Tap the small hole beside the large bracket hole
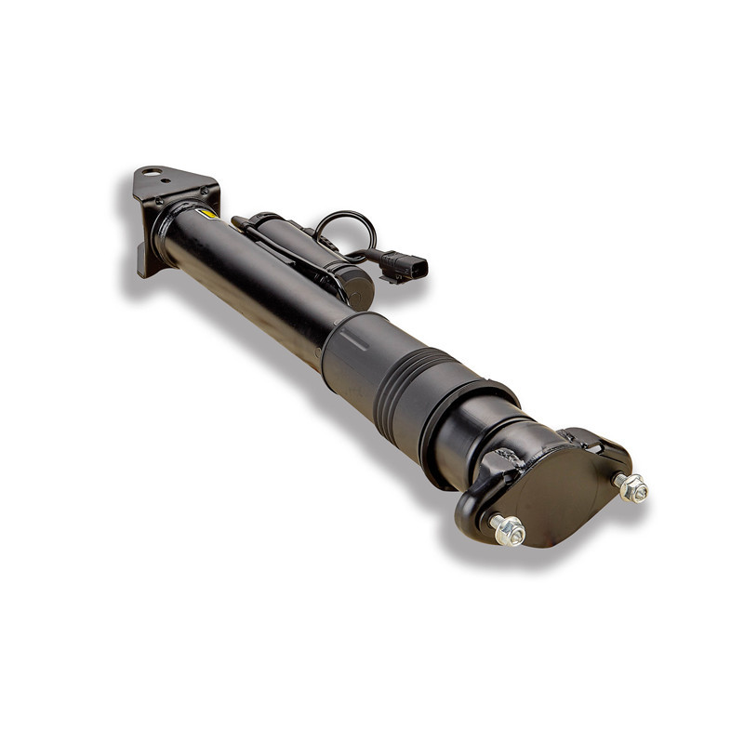pyautogui.click(x=165, y=179)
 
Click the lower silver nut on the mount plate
pyautogui.click(x=509, y=530)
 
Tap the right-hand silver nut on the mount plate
pyautogui.click(x=632, y=486)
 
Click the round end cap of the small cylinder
pyautogui.click(x=358, y=289)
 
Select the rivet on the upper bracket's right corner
pyautogui.click(x=205, y=191)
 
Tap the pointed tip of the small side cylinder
pyautogui.click(x=236, y=221)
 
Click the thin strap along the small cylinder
pyautogui.click(x=288, y=249)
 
